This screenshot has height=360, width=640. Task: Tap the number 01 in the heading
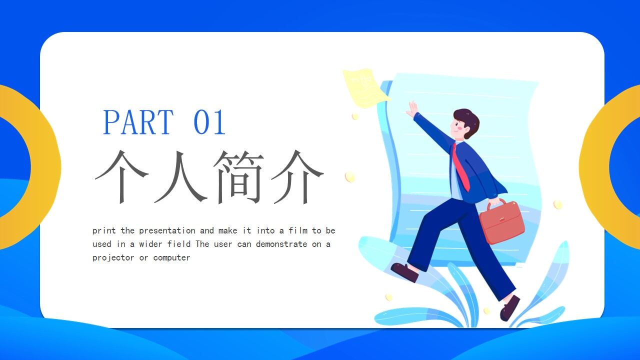point(209,122)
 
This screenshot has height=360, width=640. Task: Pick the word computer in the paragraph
point(171,258)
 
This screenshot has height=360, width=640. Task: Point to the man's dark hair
point(469,119)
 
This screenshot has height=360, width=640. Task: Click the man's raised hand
point(412,109)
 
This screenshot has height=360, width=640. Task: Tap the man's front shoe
point(509,308)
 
